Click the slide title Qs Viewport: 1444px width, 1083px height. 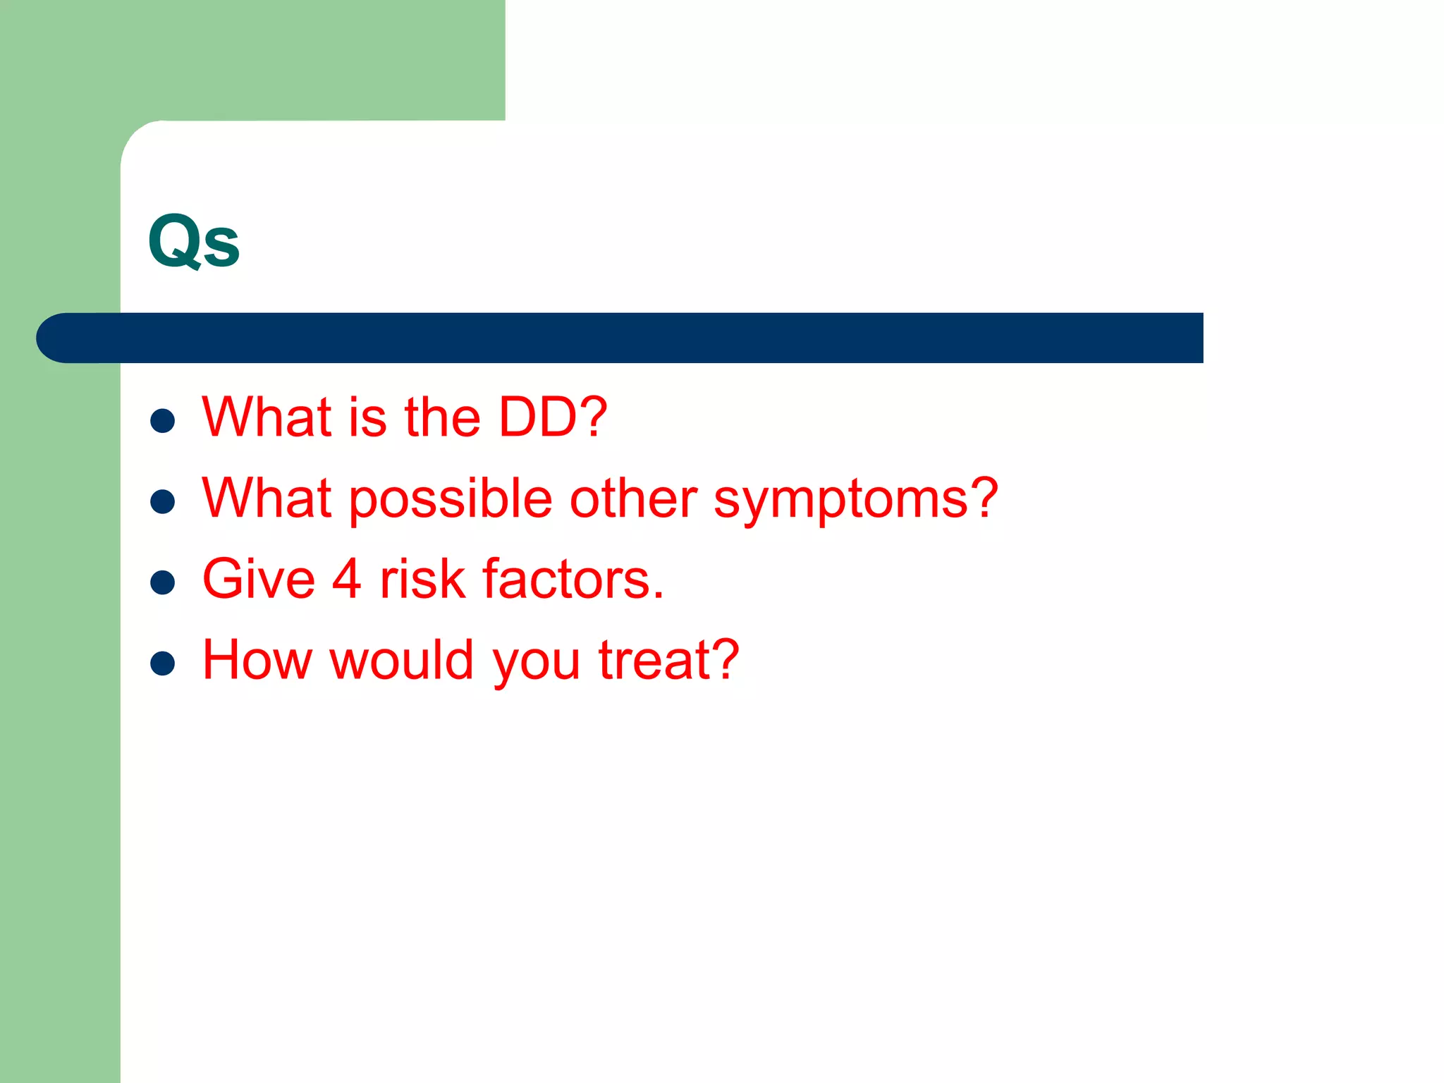(194, 241)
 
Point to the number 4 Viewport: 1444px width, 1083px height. (346, 580)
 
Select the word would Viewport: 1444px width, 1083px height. (402, 660)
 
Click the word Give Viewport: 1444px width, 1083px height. (258, 580)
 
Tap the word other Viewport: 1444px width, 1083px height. (633, 498)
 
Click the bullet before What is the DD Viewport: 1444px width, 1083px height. (163, 421)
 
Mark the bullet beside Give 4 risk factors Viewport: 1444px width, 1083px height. (163, 582)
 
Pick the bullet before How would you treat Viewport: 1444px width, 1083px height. (163, 663)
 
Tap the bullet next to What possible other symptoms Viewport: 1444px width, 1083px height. (163, 502)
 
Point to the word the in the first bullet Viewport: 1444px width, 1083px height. (442, 417)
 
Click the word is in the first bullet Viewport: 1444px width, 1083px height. (367, 417)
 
